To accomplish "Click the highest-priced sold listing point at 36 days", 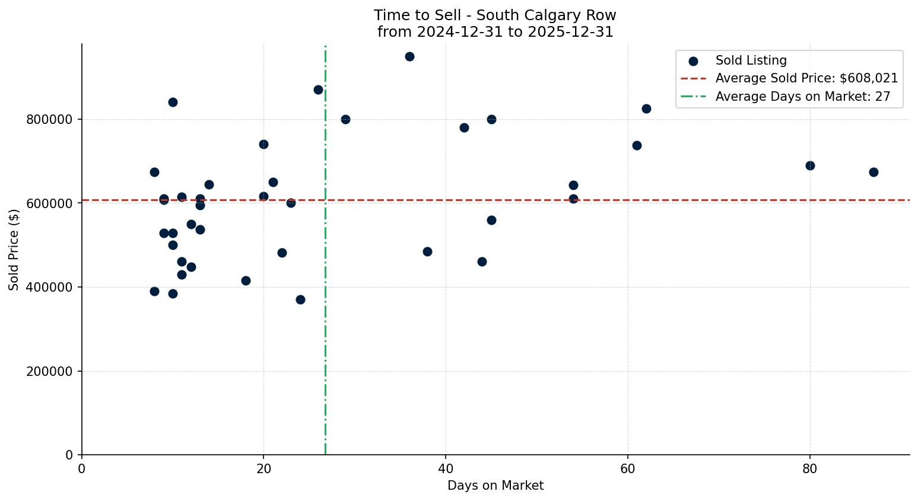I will pyautogui.click(x=409, y=57).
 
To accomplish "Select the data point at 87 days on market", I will pyautogui.click(x=873, y=173).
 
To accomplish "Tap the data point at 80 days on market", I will pyautogui.click(x=810, y=166).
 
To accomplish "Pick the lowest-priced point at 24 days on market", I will pyautogui.click(x=300, y=300).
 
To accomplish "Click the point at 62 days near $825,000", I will pyautogui.click(x=646, y=109).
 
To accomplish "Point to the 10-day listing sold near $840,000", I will pyautogui.click(x=173, y=103).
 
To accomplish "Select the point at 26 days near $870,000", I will pyautogui.click(x=318, y=90).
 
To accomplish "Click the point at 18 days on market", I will pyautogui.click(x=246, y=281).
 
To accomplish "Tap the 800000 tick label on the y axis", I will pyautogui.click(x=50, y=120).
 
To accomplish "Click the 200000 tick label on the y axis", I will pyautogui.click(x=50, y=372).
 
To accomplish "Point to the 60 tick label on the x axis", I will pyautogui.click(x=628, y=469).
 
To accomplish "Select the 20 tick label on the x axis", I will pyautogui.click(x=263, y=469).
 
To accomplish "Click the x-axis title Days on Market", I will pyautogui.click(x=495, y=486).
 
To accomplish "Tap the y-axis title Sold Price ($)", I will pyautogui.click(x=14, y=250).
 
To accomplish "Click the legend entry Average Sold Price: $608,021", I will pyautogui.click(x=806, y=79).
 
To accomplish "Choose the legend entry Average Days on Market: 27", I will pyautogui.click(x=802, y=97).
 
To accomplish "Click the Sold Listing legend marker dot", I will pyautogui.click(x=693, y=61).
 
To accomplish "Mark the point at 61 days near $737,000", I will pyautogui.click(x=637, y=146).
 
